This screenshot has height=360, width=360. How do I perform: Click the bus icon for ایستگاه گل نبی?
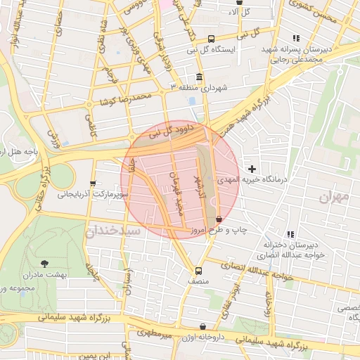click(x=211, y=39)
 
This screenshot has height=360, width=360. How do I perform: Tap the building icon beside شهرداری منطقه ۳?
click(x=200, y=77)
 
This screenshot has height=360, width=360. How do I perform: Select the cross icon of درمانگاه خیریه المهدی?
click(x=252, y=169)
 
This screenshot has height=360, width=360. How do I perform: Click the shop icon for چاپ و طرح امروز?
click(x=219, y=219)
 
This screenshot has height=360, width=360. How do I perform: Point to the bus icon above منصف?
click(x=198, y=270)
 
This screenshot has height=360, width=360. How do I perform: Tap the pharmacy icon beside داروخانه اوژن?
click(x=203, y=327)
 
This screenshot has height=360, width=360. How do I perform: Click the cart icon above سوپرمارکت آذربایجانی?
click(x=94, y=183)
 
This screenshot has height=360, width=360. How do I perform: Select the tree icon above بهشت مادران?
click(x=45, y=263)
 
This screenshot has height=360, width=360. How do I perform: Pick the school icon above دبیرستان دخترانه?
click(x=290, y=234)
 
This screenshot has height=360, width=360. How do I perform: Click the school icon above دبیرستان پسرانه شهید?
click(x=296, y=38)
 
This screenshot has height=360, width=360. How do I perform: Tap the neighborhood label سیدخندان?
click(x=113, y=231)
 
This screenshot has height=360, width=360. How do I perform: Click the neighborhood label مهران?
click(x=333, y=198)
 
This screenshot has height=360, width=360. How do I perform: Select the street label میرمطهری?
click(x=155, y=334)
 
